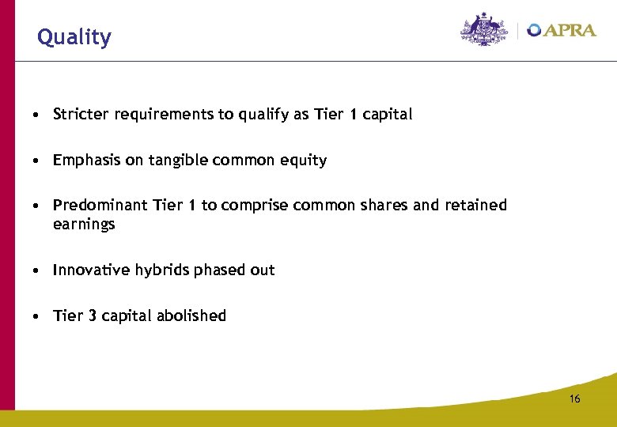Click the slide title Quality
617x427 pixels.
coord(74,37)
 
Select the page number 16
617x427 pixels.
coord(574,399)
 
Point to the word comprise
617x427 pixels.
coord(255,206)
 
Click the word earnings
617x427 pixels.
coord(84,225)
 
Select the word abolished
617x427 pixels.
coord(191,316)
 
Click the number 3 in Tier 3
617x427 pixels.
coord(93,316)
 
